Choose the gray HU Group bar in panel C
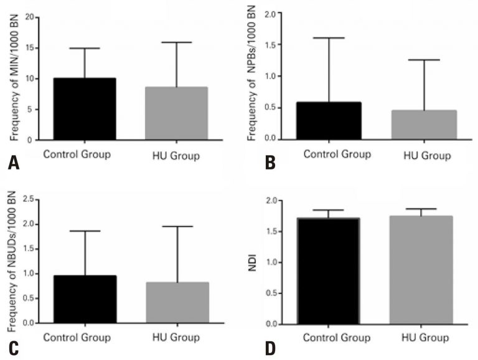(177, 303)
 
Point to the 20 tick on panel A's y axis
(29, 17)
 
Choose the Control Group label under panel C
(77, 338)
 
